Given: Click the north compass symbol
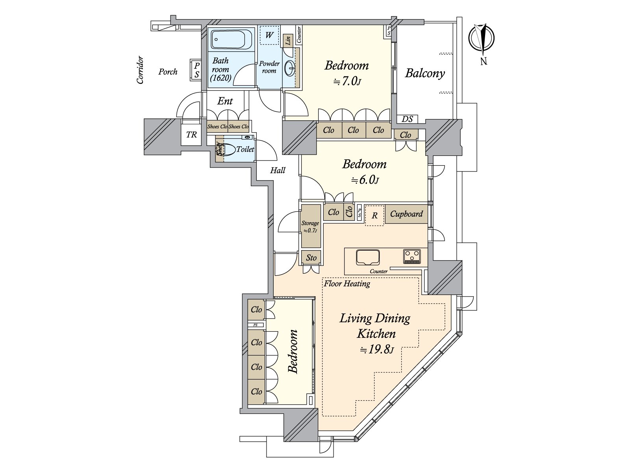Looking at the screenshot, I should [x=481, y=39].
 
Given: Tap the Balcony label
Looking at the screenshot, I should [x=425, y=73].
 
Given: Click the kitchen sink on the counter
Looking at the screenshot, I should [x=368, y=257].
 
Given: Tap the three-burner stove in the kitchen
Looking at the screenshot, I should [x=412, y=256].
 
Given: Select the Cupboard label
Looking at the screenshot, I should [x=406, y=214].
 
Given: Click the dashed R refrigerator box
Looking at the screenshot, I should [x=374, y=215].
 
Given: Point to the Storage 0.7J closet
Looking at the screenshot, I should [x=310, y=226].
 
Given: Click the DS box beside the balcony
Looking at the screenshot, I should [x=408, y=119].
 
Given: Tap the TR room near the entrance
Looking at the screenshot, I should [x=191, y=135].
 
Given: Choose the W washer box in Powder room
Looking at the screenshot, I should [x=269, y=35].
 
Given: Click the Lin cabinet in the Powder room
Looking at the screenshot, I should [x=288, y=40].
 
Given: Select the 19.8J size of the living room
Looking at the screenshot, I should [x=376, y=349].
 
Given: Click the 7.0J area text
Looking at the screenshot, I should [x=347, y=81].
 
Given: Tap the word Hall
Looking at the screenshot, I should [x=278, y=170].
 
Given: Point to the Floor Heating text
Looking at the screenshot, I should [x=347, y=283].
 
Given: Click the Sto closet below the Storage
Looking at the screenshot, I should [x=311, y=258].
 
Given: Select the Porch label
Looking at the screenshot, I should [x=168, y=72].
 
